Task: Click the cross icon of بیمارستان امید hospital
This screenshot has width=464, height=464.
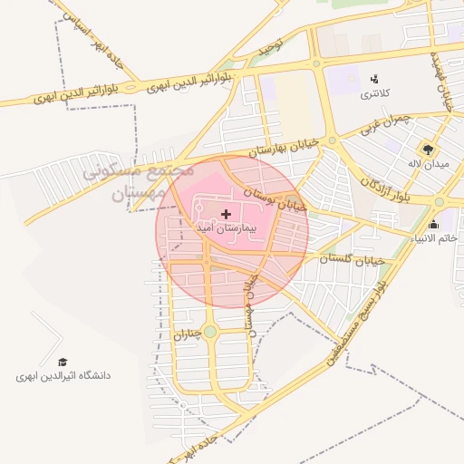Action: click(x=226, y=214)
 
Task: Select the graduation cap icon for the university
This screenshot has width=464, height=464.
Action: click(x=63, y=362)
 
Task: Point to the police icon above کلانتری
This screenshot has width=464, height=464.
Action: click(x=374, y=79)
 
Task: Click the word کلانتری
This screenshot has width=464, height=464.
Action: click(x=375, y=93)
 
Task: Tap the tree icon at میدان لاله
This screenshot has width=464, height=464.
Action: click(x=426, y=149)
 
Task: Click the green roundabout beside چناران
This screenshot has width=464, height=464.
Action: click(x=210, y=332)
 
